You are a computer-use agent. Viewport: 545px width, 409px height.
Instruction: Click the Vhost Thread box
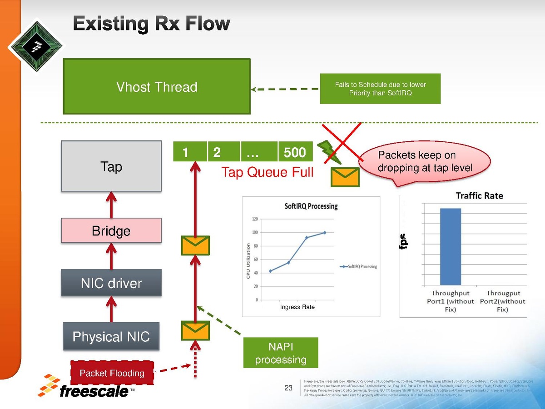pos(157,86)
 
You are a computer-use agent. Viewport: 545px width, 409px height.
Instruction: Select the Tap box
pos(111,166)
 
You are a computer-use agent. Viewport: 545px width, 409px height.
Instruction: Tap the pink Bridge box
pos(111,231)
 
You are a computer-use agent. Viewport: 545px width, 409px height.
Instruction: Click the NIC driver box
pos(111,283)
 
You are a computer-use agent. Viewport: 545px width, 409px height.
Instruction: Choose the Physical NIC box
pos(111,336)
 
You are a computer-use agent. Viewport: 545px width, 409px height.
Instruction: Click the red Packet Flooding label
pos(112,373)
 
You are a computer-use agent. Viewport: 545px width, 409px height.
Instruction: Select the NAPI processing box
pos(281,353)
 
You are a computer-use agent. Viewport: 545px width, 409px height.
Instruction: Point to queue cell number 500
pos(295,152)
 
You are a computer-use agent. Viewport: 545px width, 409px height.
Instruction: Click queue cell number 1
pos(190,152)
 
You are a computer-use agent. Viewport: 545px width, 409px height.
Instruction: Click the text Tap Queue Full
pos(268,172)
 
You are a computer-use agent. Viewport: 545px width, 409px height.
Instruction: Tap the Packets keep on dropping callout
pos(425,162)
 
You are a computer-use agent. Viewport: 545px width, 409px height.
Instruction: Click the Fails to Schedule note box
pos(380,89)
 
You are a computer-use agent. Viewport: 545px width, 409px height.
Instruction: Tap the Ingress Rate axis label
pos(297,307)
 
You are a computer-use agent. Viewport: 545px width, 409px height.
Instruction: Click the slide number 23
pos(288,388)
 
